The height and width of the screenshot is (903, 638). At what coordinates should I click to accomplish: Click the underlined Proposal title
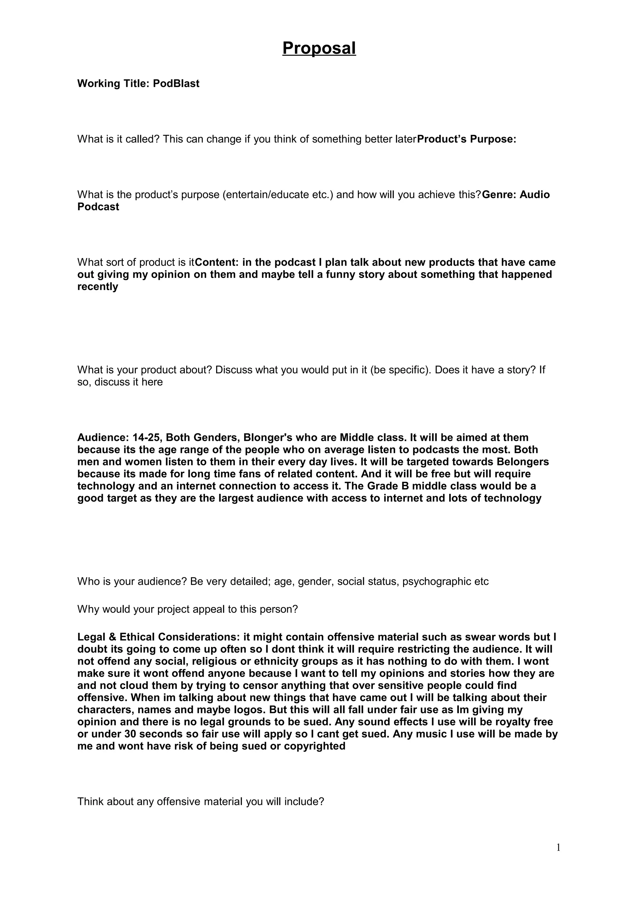pos(319,48)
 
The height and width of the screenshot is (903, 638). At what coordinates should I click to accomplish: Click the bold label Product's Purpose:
pos(466,139)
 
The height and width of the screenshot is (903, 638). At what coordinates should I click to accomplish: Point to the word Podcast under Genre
pos(98,207)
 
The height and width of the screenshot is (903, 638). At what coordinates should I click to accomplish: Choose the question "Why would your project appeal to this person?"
pos(188,609)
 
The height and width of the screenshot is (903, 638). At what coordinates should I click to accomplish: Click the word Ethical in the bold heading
pos(137,637)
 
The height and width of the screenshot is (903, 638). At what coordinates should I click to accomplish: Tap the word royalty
pos(512,722)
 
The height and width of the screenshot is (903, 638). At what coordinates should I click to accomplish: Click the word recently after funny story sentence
pos(98,287)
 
